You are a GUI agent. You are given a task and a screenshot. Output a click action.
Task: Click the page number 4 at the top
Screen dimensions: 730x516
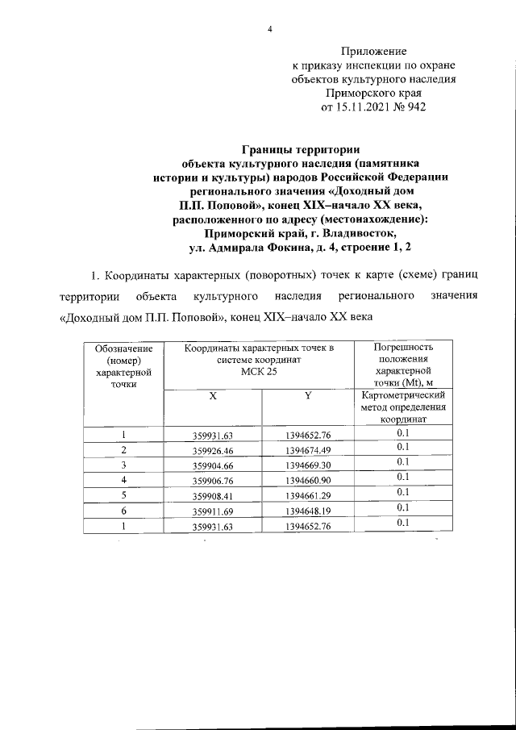pos(270,30)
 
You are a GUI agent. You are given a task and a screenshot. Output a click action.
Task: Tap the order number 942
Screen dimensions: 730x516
pos(416,106)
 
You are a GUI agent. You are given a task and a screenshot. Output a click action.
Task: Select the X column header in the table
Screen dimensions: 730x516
pos(214,398)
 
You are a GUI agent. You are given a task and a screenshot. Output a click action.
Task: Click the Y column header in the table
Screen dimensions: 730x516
pos(308,398)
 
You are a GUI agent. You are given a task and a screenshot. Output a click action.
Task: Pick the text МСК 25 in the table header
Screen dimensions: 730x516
pos(258,372)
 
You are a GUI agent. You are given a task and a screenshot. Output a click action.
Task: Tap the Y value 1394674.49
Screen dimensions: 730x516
pos(308,450)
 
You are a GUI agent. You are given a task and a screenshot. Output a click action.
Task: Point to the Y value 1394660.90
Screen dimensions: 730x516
pos(308,479)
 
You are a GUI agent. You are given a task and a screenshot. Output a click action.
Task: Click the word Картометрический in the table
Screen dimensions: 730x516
pos(404,397)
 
